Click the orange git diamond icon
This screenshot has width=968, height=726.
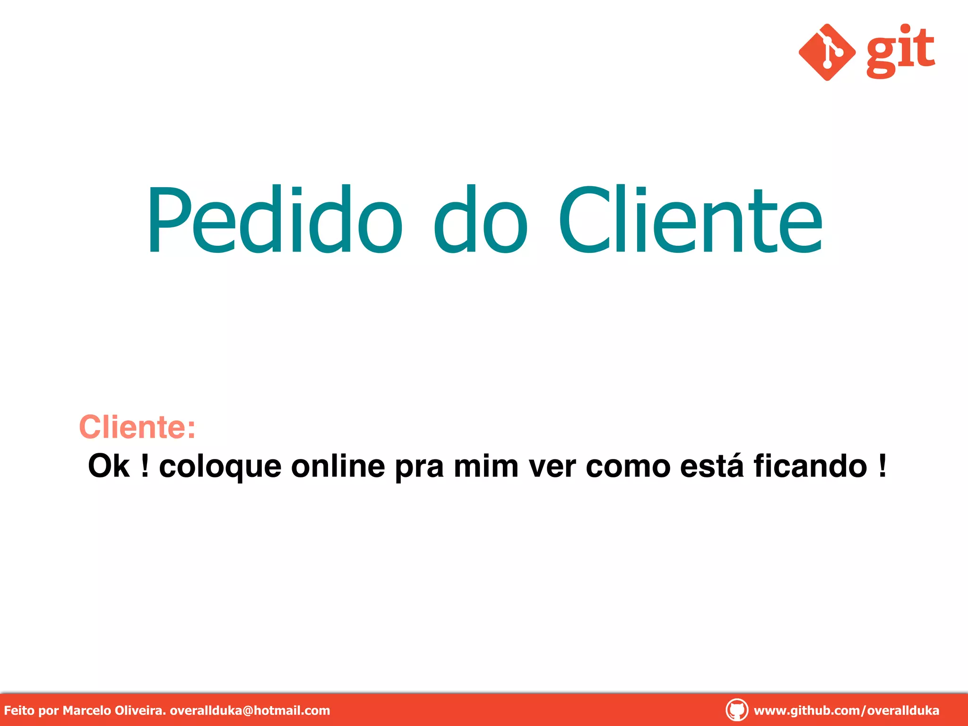click(x=827, y=52)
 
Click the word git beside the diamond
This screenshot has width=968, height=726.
click(x=900, y=51)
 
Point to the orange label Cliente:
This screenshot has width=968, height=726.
click(x=137, y=427)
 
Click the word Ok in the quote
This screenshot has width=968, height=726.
click(x=109, y=466)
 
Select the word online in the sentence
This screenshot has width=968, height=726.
click(x=338, y=466)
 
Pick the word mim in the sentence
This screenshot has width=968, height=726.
click(x=486, y=466)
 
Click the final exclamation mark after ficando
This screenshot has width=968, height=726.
click(x=882, y=466)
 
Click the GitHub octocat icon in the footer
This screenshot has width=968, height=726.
click(x=736, y=710)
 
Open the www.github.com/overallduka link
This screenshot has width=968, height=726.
click(x=846, y=710)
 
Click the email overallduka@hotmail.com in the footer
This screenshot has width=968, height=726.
click(x=250, y=710)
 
